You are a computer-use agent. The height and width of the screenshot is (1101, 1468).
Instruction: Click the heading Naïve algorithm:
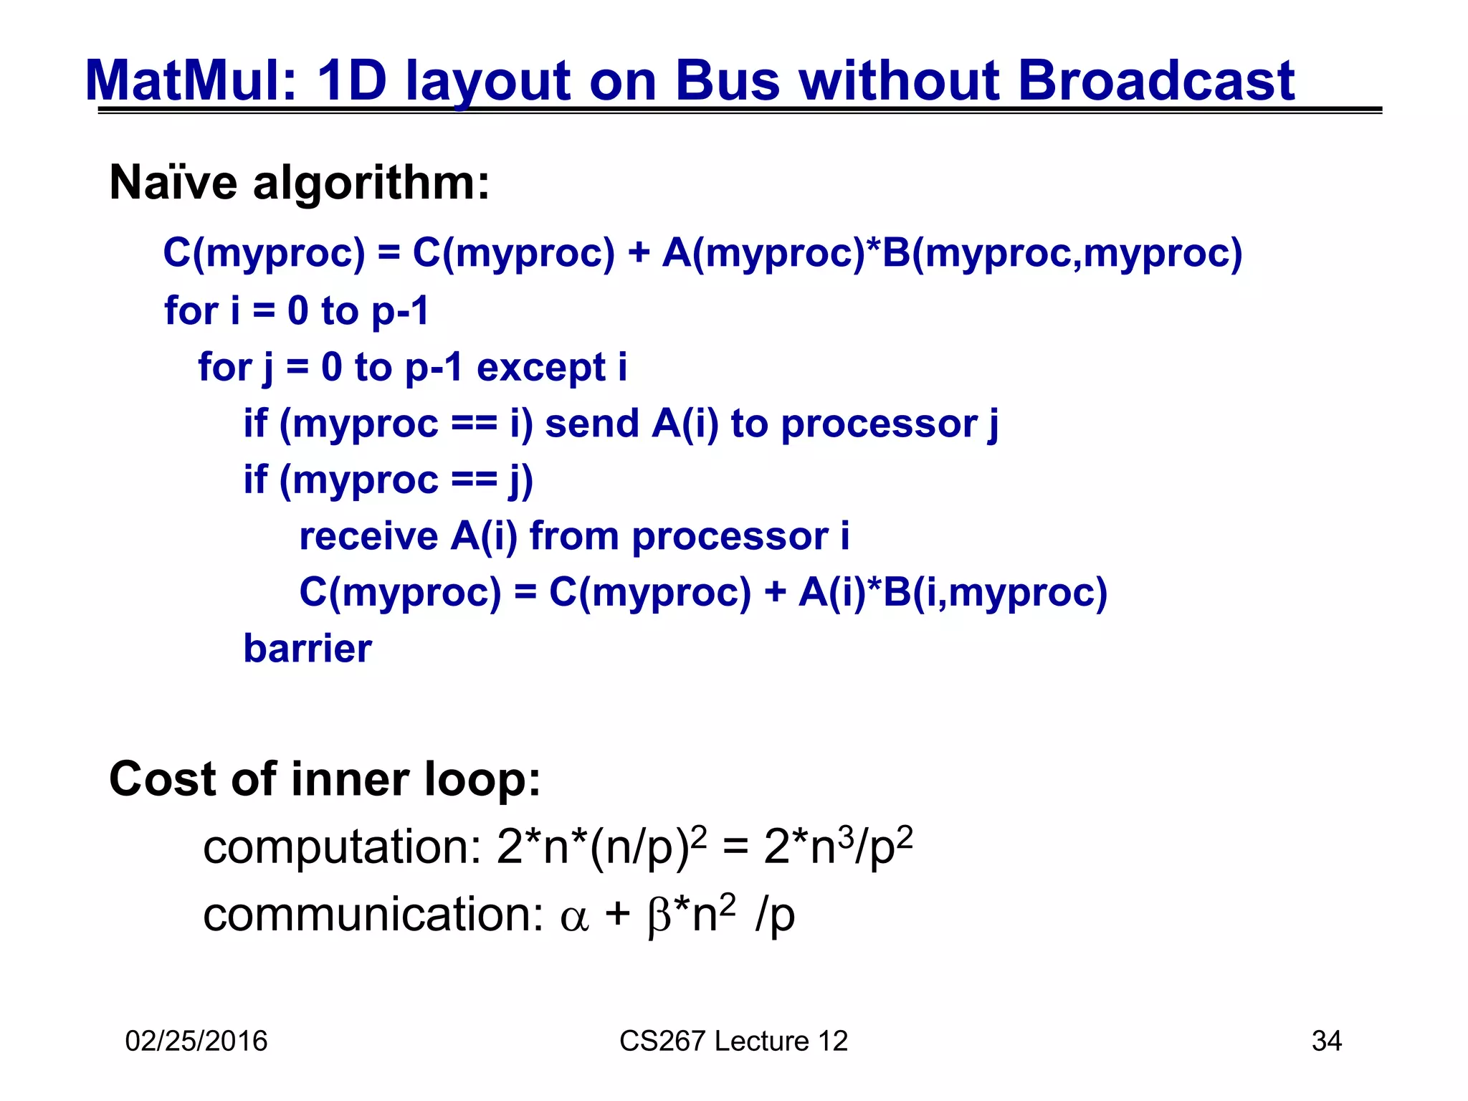[300, 183]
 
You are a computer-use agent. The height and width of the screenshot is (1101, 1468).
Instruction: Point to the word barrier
[308, 649]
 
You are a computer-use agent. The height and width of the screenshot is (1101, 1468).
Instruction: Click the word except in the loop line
[541, 368]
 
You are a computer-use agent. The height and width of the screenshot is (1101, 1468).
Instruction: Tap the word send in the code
[592, 424]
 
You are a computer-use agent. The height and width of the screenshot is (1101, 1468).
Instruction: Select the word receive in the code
[368, 536]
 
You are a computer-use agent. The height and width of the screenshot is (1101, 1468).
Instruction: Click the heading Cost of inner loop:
[325, 779]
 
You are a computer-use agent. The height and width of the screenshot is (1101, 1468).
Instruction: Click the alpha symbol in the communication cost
[574, 918]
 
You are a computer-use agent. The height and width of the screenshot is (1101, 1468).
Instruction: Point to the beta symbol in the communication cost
[658, 917]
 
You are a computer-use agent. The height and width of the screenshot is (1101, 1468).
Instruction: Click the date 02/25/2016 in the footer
[196, 1041]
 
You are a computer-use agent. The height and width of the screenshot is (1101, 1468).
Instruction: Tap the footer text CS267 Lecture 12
[733, 1041]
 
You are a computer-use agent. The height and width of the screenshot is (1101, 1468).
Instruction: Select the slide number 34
[1326, 1041]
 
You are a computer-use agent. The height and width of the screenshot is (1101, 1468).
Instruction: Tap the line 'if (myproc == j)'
[389, 480]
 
